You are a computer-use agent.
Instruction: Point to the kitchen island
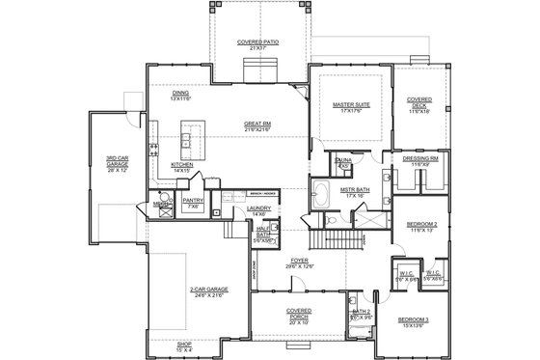[192, 142]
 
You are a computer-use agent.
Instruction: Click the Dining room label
[180, 94]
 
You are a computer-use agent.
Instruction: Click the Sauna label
[343, 160]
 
